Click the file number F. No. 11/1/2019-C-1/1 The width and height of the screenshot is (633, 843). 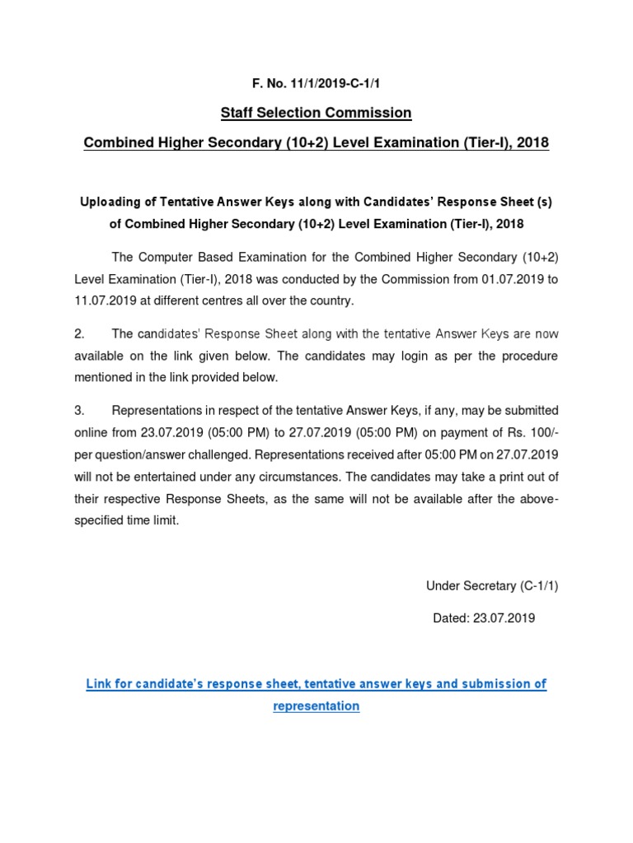coord(316,83)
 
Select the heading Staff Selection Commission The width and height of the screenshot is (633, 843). coord(316,112)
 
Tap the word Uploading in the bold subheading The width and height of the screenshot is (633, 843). coord(109,202)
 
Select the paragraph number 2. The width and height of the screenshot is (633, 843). coord(79,334)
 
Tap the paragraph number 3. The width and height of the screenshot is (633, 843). coord(79,410)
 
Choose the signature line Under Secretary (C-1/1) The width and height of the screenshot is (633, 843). coord(492,586)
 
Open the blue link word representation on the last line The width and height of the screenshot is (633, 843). coord(316,706)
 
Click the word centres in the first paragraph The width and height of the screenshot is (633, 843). coord(209,300)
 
